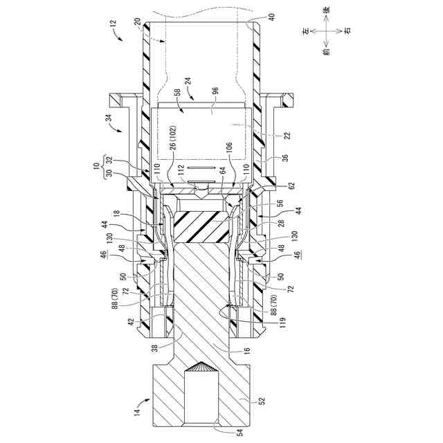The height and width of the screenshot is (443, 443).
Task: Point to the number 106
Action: point(228,146)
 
